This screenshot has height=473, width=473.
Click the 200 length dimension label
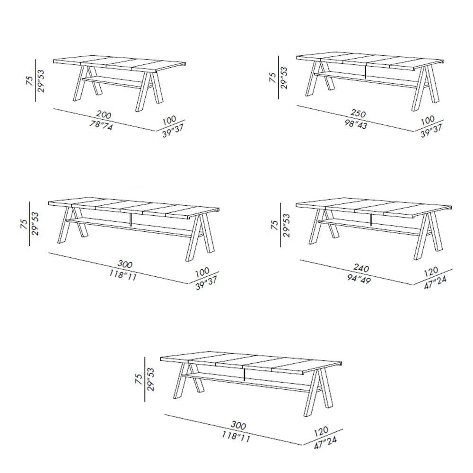(104, 114)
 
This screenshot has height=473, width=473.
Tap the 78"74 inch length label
(101, 125)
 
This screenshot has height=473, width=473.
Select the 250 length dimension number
(358, 113)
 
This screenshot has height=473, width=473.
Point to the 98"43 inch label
(356, 123)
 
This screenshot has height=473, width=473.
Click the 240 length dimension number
(361, 268)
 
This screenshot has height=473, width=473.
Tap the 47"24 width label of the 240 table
(435, 282)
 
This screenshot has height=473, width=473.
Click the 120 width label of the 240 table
(431, 272)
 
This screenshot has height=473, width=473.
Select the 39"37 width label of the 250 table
(432, 131)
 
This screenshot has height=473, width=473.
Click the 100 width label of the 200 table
(169, 120)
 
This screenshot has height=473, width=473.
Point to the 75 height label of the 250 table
(272, 77)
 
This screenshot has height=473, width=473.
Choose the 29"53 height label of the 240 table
(286, 225)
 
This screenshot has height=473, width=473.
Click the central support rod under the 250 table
(365, 71)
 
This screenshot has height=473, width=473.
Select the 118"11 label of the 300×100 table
(123, 275)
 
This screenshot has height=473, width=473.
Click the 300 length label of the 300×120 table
(238, 425)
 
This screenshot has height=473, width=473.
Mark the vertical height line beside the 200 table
(35, 80)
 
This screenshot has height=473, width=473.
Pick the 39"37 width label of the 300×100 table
(206, 283)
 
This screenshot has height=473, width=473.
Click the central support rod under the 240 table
(370, 220)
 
